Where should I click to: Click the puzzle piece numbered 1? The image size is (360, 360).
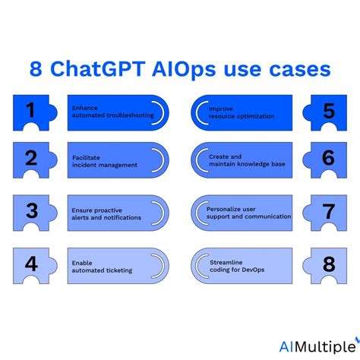[32, 112]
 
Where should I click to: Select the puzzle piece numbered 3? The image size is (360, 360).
[32, 212]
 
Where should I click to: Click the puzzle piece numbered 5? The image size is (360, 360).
[327, 112]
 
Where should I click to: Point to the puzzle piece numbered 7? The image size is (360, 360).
[327, 212]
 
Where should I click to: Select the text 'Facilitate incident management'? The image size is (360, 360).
[104, 160]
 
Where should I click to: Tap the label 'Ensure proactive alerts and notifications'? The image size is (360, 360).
[106, 213]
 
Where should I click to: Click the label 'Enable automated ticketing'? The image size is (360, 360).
[102, 267]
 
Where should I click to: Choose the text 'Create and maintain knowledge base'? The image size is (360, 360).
[247, 160]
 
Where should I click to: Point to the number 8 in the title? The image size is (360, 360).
[36, 70]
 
